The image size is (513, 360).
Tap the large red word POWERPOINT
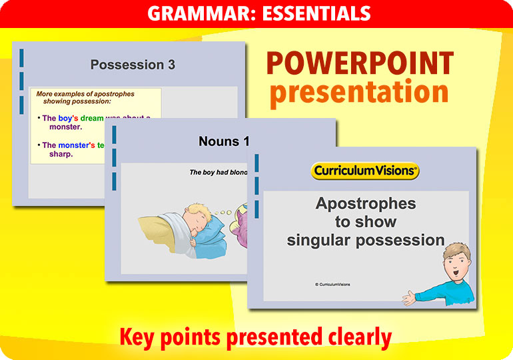(x=360, y=64)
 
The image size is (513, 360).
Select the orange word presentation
(x=359, y=92)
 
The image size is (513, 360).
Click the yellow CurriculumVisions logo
(x=365, y=171)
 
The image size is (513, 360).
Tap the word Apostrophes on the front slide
(x=365, y=204)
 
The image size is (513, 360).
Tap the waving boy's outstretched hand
(x=408, y=295)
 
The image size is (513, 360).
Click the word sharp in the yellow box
(x=61, y=154)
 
